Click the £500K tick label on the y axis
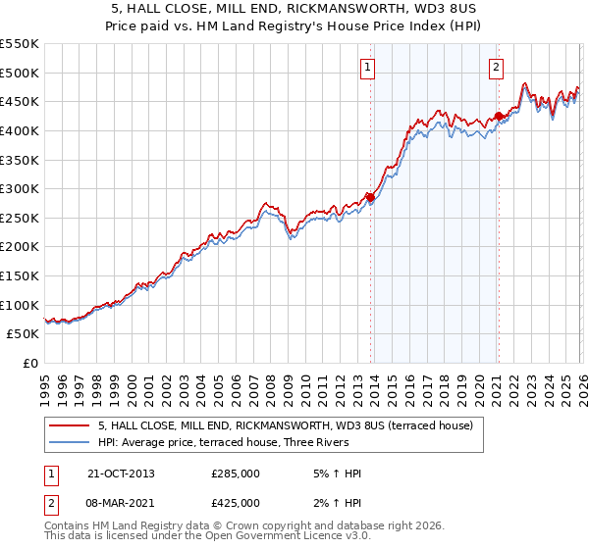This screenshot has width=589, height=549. pos(20,73)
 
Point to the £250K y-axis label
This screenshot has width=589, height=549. pos(20,218)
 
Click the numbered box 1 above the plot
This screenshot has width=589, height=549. pos(367,68)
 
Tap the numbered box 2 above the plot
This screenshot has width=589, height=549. pos(496,68)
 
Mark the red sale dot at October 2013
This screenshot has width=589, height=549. pos(370,197)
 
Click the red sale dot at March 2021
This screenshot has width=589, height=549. pos(498,116)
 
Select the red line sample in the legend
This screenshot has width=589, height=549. pos(71,425)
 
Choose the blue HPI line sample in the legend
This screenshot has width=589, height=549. pos(71,442)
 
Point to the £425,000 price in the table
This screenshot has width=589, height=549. pos(236,504)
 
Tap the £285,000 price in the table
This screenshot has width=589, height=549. pos(236,473)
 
